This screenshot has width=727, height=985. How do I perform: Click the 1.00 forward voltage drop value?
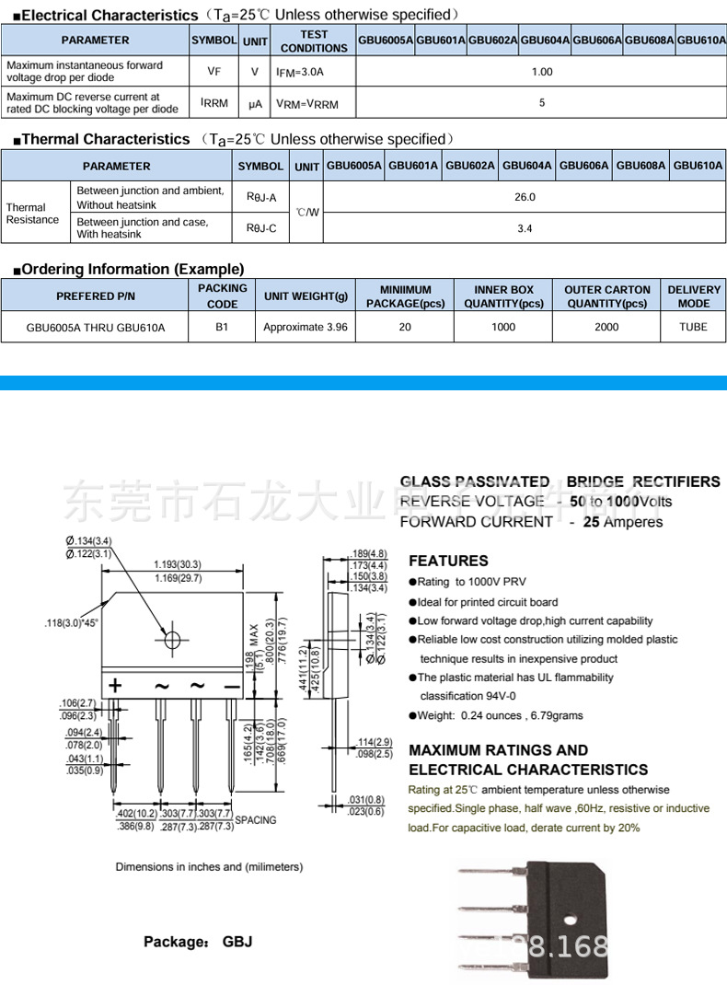[x=542, y=72]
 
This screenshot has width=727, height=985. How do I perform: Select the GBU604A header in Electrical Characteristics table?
[x=546, y=41]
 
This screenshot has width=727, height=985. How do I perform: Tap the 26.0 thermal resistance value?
[x=525, y=197]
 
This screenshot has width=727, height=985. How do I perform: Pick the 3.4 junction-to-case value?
[x=525, y=228]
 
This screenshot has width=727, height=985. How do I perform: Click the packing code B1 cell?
[x=222, y=327]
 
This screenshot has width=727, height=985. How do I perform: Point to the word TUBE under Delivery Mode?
[x=694, y=327]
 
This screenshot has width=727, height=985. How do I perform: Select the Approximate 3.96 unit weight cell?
[x=306, y=327]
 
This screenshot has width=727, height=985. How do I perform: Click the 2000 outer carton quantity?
[x=606, y=327]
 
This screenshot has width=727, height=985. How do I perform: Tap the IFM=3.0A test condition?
[x=300, y=72]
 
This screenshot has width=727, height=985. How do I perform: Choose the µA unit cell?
[x=255, y=104]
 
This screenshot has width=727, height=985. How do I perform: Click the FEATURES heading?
[x=448, y=561]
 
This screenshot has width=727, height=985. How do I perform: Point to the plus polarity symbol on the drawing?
[x=115, y=686]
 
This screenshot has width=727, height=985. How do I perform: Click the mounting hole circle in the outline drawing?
[x=172, y=639]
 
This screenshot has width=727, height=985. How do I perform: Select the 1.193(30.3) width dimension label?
[x=177, y=564]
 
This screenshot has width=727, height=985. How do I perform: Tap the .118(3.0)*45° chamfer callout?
[x=71, y=623]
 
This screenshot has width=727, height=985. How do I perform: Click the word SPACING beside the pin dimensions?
[x=255, y=820]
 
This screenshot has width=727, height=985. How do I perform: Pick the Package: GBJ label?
[x=197, y=942]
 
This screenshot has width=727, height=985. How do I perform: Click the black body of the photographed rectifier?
[x=552, y=921]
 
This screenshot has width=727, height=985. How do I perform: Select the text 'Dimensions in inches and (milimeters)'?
[x=209, y=866]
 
